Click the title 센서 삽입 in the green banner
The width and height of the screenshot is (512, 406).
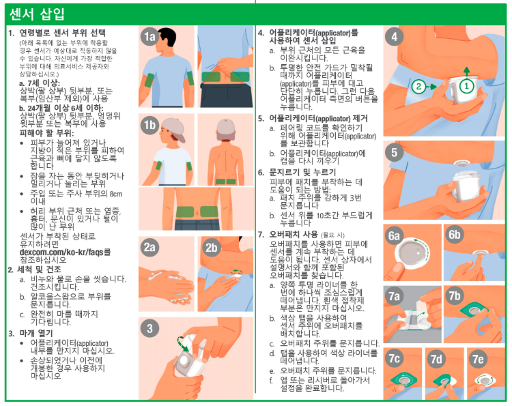pyautogui.click(x=37, y=14)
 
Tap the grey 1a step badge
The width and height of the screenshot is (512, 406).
pyautogui.click(x=150, y=37)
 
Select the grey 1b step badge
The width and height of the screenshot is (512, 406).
pyautogui.click(x=150, y=125)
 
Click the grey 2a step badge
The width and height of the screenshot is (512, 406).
pyautogui.click(x=150, y=248)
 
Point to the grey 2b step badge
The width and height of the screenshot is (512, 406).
pyautogui.click(x=211, y=248)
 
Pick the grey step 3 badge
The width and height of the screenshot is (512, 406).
pyautogui.click(x=150, y=328)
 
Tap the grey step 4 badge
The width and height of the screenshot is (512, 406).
pyautogui.click(x=395, y=37)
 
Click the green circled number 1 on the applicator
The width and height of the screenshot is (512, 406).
pyautogui.click(x=467, y=86)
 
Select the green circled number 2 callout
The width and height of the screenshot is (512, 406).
pyautogui.click(x=418, y=87)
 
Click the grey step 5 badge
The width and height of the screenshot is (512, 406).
pyautogui.click(x=395, y=152)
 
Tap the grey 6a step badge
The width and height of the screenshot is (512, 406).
pyautogui.click(x=394, y=235)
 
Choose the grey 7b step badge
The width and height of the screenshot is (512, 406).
pyautogui.click(x=455, y=295)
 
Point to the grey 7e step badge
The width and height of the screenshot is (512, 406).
pyautogui.click(x=478, y=359)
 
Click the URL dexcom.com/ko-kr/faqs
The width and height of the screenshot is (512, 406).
pyautogui.click(x=61, y=252)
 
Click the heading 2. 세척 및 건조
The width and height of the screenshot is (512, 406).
pyautogui.click(x=35, y=270)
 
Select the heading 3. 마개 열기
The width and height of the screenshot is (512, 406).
pyautogui.click(x=30, y=333)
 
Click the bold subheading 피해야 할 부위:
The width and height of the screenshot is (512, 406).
pyautogui.click(x=46, y=133)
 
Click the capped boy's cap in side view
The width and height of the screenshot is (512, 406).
pyautogui.click(x=173, y=128)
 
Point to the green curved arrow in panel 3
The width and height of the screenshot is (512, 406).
pyautogui.click(x=182, y=343)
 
